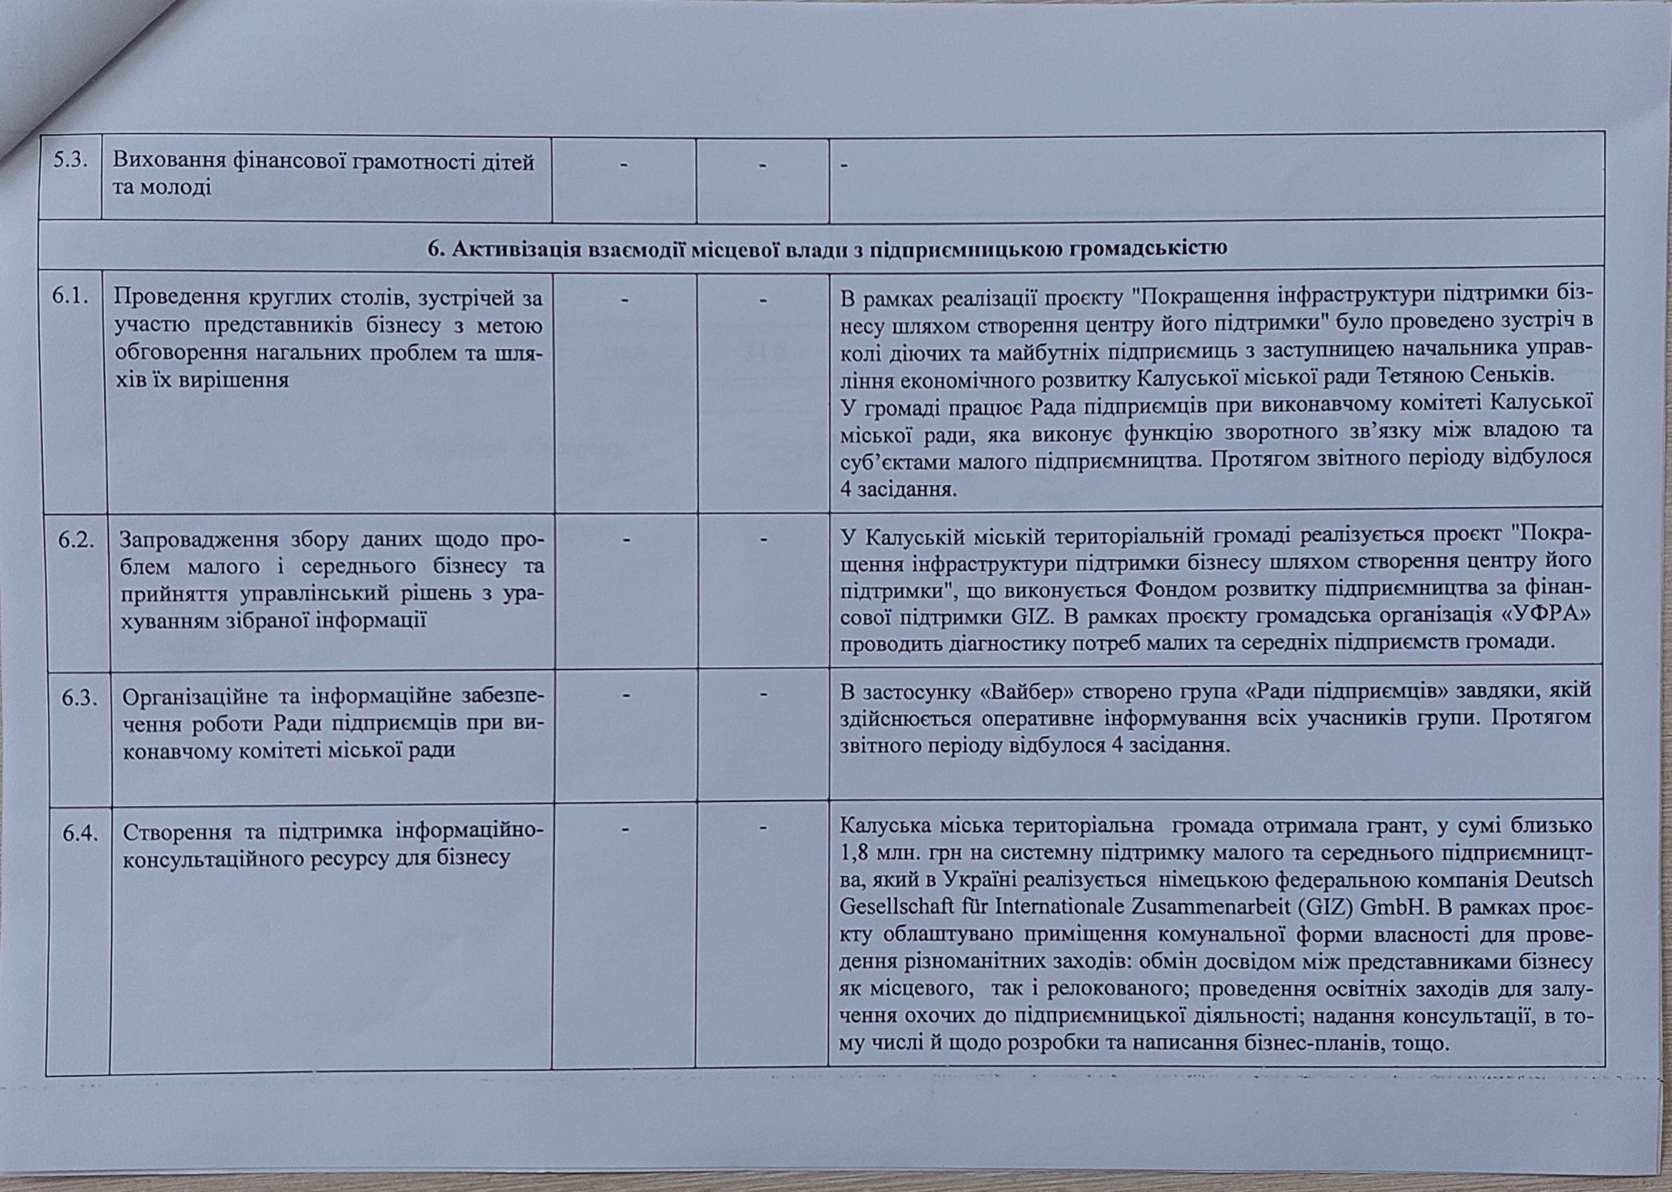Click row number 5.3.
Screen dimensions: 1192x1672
(x=71, y=161)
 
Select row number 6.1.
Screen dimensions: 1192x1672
(x=71, y=297)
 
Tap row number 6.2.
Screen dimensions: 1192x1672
(x=77, y=540)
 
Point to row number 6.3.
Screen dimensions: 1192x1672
(x=79, y=697)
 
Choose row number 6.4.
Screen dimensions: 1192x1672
(x=80, y=833)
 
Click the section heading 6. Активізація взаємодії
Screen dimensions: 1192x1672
(x=827, y=248)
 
